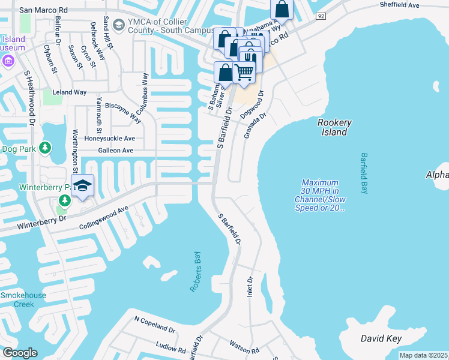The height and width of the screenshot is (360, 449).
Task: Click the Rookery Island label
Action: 334,127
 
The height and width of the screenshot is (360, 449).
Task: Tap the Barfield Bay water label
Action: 364,173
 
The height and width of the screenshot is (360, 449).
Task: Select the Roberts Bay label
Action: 195,272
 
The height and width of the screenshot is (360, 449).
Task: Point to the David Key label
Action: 381,339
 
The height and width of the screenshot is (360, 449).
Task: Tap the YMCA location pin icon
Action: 118,24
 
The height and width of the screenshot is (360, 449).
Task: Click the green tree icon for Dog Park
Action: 44,148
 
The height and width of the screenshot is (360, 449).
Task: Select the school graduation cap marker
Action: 82,185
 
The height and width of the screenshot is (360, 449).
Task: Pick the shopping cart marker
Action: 244,72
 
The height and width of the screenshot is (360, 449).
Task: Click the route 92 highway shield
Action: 321,16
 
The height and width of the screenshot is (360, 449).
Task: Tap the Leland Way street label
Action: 70,92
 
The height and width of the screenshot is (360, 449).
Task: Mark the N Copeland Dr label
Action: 154,325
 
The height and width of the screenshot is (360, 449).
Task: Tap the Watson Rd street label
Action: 244,347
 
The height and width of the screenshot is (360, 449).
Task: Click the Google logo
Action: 19,353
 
